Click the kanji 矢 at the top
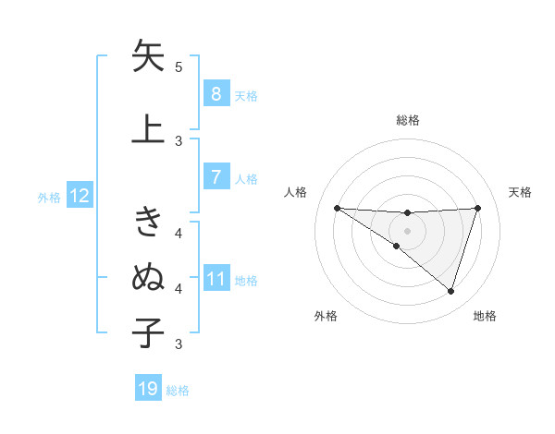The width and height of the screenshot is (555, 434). pyautogui.click(x=149, y=57)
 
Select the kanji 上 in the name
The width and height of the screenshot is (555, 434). pyautogui.click(x=149, y=129)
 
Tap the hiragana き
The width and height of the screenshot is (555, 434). pyautogui.click(x=149, y=222)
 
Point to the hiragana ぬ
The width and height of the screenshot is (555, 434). pyautogui.click(x=149, y=277)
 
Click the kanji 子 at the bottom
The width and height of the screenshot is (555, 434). pyautogui.click(x=149, y=332)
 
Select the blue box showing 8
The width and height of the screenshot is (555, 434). pyautogui.click(x=216, y=94)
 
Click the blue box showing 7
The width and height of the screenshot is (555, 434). pyautogui.click(x=216, y=176)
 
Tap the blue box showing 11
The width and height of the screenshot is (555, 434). pyautogui.click(x=216, y=280)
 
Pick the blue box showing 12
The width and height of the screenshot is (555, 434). pyautogui.click(x=80, y=196)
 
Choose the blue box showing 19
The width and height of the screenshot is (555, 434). pyautogui.click(x=148, y=389)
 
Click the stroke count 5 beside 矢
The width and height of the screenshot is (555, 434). pyautogui.click(x=179, y=67)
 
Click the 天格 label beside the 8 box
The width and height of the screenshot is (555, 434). pyautogui.click(x=246, y=95)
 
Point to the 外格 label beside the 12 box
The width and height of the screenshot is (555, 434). pyautogui.click(x=49, y=197)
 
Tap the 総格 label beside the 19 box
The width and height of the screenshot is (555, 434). pyautogui.click(x=178, y=390)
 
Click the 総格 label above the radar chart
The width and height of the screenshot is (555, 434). pyautogui.click(x=407, y=120)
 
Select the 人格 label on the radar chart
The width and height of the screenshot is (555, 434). pyautogui.click(x=296, y=192)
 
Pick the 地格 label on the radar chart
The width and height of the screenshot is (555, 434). pyautogui.click(x=485, y=316)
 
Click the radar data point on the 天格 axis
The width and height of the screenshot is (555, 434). pyautogui.click(x=478, y=208)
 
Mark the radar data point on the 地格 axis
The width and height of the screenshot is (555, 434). pyautogui.click(x=451, y=292)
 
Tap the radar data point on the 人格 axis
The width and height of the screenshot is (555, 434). pyautogui.click(x=337, y=208)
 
